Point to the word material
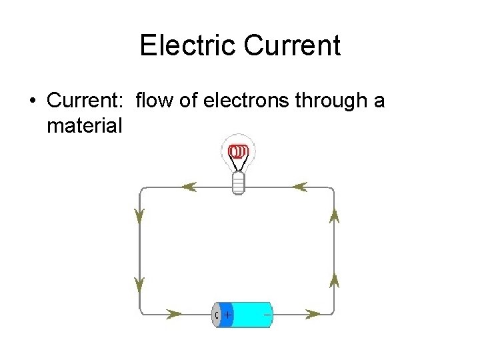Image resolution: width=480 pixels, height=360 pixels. click(x=85, y=125)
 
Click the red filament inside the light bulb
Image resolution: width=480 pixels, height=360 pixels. click(x=237, y=153)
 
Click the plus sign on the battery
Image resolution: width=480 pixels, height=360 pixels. click(x=227, y=313)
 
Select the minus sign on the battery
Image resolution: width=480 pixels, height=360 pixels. click(x=267, y=313)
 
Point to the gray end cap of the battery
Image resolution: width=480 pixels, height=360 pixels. click(x=216, y=314)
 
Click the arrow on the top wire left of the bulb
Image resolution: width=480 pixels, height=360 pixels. click(x=189, y=187)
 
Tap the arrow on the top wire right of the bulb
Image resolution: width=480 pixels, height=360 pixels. click(x=299, y=187)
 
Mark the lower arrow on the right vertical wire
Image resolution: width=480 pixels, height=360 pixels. click(x=334, y=280)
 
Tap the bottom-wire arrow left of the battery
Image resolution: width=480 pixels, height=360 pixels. click(x=174, y=313)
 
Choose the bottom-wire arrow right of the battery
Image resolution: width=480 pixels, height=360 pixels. click(x=313, y=313)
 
